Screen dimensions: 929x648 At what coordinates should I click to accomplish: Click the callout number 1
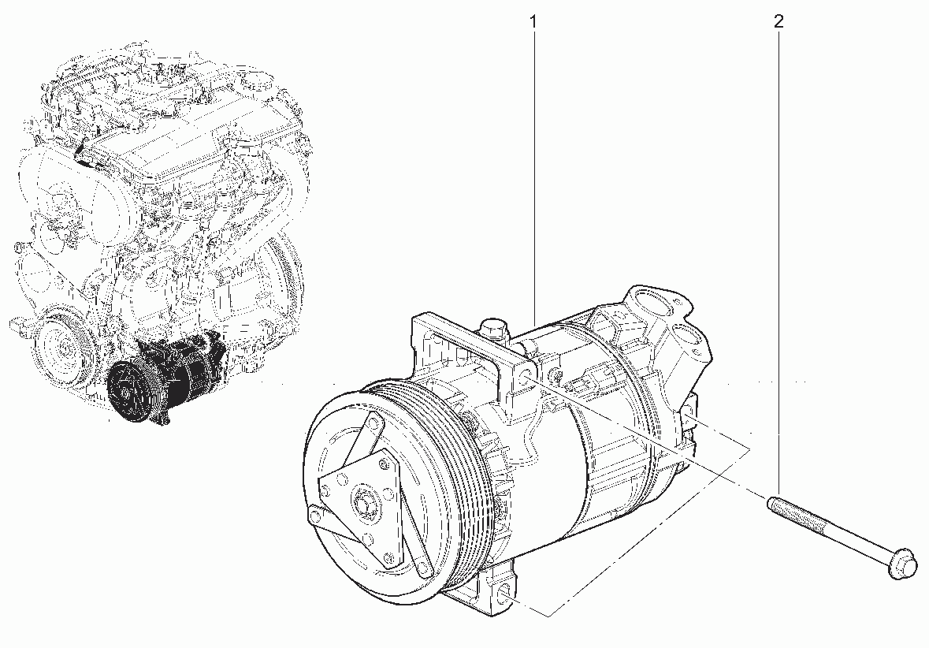[533, 22]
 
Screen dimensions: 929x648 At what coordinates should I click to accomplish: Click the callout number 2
[778, 22]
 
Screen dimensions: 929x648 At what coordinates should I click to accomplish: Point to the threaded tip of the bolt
[774, 503]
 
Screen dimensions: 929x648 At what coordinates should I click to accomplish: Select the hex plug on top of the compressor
[493, 329]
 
